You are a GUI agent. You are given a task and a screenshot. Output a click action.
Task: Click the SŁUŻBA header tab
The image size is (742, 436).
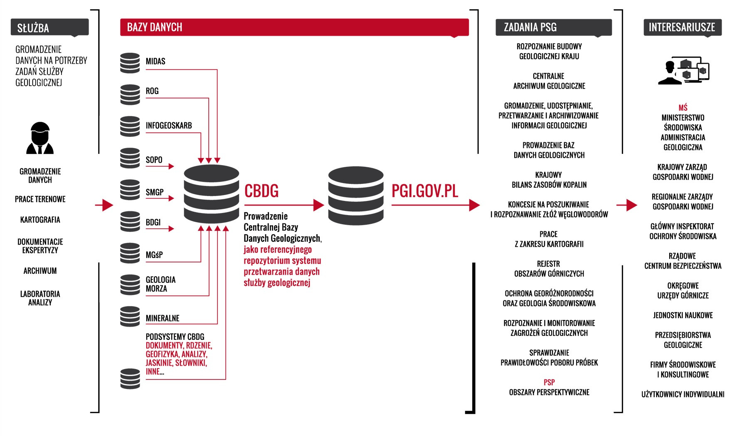[x=49, y=27]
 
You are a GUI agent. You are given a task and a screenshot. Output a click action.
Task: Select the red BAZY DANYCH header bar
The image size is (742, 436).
[x=294, y=27]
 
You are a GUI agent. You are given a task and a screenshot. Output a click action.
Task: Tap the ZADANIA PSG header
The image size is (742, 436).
[x=553, y=27]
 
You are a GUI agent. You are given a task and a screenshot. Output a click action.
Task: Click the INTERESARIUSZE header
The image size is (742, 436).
[x=682, y=27]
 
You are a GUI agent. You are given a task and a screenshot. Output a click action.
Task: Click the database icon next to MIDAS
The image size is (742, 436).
[x=130, y=63]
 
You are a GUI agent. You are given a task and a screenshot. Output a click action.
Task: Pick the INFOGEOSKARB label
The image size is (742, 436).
[x=169, y=125]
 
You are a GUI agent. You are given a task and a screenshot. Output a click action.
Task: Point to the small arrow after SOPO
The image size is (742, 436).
[x=160, y=166]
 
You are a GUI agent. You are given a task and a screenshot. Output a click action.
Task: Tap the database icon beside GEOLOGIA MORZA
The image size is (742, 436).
[x=130, y=285]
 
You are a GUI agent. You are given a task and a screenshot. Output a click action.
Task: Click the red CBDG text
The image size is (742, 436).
[x=261, y=191]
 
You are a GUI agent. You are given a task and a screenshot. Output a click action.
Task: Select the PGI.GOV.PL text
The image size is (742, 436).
[x=424, y=191]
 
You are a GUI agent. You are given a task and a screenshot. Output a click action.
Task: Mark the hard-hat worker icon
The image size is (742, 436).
[x=40, y=138]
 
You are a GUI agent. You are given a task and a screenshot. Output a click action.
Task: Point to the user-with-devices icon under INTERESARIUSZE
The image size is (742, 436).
[x=683, y=71]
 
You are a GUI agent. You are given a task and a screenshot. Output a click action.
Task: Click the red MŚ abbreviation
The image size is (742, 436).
[x=683, y=108]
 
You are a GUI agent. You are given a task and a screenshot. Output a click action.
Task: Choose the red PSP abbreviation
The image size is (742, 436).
[x=549, y=382]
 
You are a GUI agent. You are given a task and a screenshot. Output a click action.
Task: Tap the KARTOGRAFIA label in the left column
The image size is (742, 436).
[x=40, y=220]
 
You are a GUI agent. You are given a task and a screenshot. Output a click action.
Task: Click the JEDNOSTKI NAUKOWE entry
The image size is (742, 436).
[x=683, y=315]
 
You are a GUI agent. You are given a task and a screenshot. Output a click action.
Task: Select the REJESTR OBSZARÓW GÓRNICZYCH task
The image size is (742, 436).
[x=549, y=269]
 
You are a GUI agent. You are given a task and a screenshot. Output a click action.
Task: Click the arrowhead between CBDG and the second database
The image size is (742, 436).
[x=319, y=205]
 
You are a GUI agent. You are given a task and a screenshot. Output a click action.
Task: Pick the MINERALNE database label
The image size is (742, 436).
[x=163, y=318]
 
